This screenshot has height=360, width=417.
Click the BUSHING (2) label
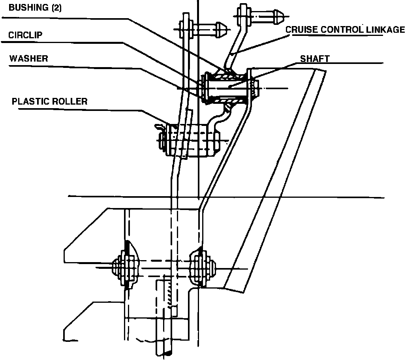pos(35,8)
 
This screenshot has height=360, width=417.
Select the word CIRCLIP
pos(25,35)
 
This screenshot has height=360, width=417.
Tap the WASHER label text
pos(28,58)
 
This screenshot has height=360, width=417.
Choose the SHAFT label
pos(314,59)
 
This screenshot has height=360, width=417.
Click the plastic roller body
pos(193,141)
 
